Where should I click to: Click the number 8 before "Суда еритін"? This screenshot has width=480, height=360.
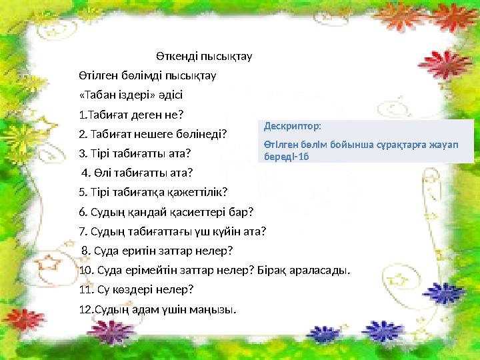click(x=85, y=251)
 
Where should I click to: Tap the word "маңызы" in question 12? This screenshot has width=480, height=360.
click(x=211, y=309)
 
